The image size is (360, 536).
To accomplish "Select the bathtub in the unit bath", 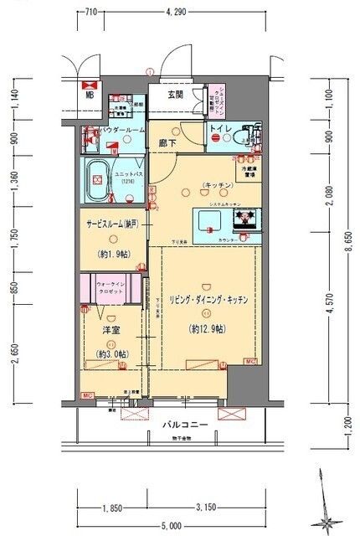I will [95, 179].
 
